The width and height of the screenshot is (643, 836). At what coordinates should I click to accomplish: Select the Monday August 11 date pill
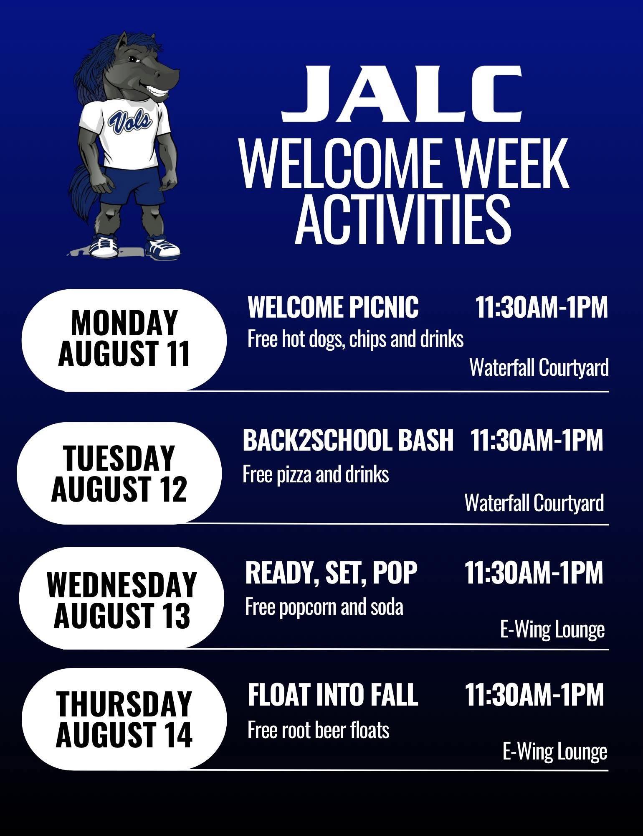124,340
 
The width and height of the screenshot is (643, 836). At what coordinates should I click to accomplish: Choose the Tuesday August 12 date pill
119,473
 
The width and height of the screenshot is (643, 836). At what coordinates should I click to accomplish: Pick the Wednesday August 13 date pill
122,598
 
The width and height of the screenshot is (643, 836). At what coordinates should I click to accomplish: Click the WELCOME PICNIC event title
333,307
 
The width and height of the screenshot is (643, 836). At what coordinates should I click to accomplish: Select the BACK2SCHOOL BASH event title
348,440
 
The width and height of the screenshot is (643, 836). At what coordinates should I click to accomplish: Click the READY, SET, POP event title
331,573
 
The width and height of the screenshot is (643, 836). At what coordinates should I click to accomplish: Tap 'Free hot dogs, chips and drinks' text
355,339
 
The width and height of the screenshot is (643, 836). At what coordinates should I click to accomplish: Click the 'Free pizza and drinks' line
316,475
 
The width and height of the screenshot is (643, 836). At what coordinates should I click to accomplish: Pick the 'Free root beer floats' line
319,730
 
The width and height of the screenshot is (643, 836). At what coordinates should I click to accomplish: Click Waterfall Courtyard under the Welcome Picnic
539,369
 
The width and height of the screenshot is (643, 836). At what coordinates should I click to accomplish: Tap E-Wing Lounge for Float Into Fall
555,752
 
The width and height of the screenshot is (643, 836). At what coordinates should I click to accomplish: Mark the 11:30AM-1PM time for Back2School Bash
537,440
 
